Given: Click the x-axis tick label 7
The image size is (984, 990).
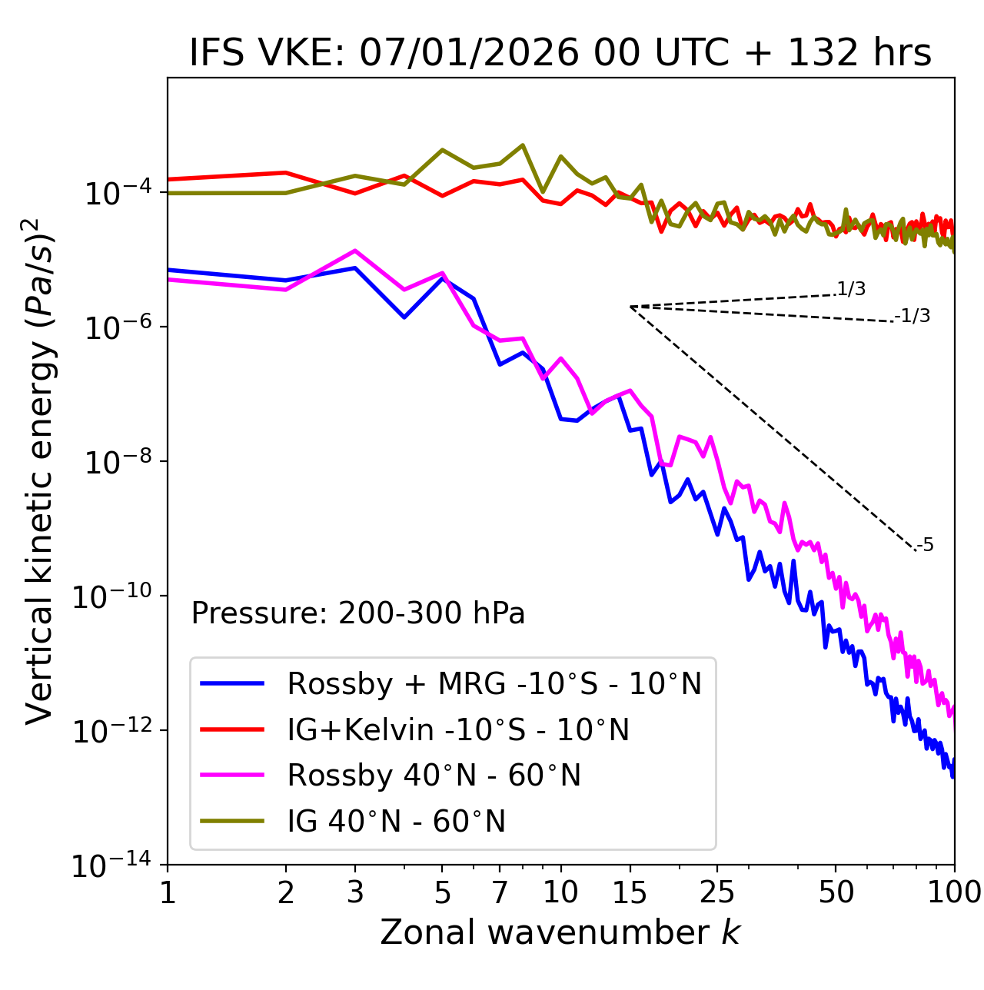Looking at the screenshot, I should [500, 892].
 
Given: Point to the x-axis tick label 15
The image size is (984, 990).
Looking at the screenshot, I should [630, 892].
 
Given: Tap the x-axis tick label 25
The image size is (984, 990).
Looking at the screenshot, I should [717, 892].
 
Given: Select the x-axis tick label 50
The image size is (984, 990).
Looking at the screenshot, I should [836, 892].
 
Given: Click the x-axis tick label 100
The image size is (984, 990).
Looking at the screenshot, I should [954, 892].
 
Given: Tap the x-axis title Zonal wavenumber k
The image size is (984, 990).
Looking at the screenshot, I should [560, 932].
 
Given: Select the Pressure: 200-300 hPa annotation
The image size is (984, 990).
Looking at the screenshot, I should [357, 613].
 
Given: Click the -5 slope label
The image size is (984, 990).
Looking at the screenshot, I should [925, 546].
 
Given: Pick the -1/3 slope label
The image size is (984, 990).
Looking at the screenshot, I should [913, 316].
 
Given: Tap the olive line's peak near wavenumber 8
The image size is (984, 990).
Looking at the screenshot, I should [523, 145].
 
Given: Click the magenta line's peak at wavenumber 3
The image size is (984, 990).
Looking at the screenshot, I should [354, 251].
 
